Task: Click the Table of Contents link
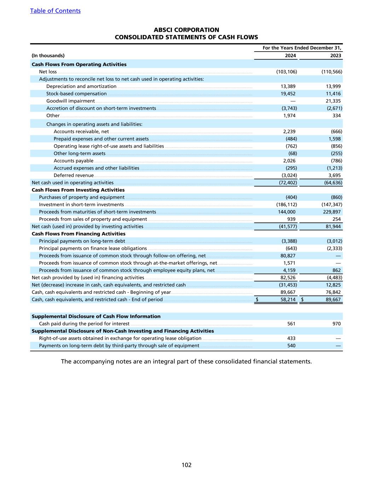pos(55,11)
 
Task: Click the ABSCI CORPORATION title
pos(186,30)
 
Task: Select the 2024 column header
pos(290,55)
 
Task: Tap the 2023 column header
pos(336,55)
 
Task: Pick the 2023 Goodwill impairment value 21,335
pos(333,101)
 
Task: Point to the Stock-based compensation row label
pos(76,94)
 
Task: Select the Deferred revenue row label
pos(74,175)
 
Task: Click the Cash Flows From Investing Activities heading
pos(78,190)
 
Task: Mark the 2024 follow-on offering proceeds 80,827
pos(288,256)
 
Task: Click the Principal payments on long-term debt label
pos(82,241)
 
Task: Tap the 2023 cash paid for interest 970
pos(336,324)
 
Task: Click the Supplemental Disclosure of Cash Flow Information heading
pos(96,316)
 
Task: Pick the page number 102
pos(186,465)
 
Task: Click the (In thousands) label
pos(48,55)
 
